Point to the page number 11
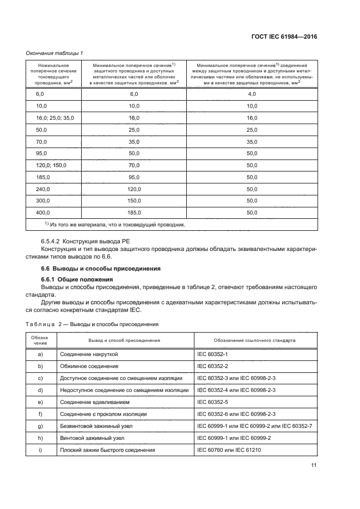coord(314,465)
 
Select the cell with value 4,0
coord(252,94)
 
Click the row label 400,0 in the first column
coord(42,213)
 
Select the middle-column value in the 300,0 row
coord(134,201)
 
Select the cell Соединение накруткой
coord(89,354)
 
